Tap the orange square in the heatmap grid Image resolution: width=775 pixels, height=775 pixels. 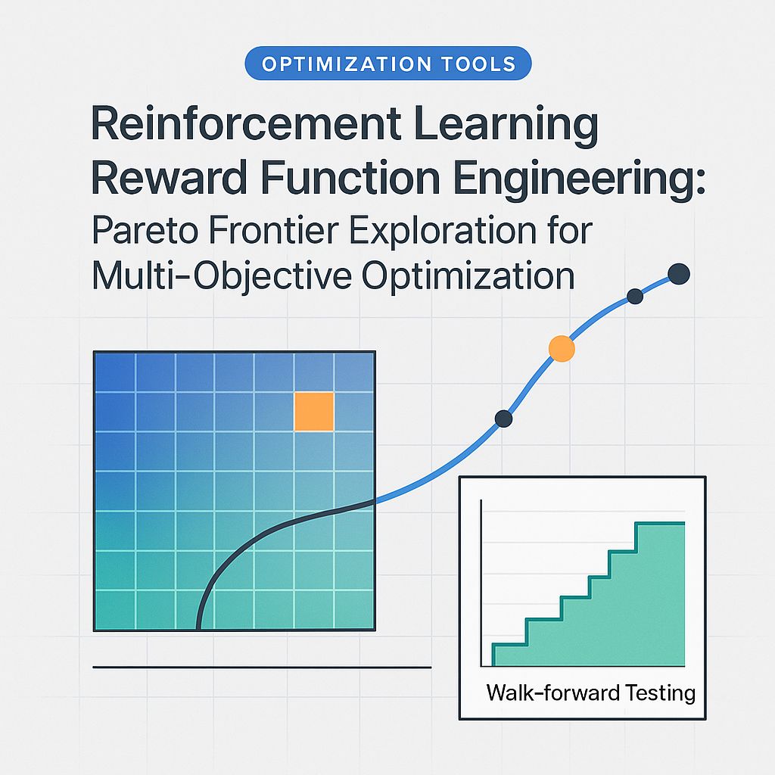(x=314, y=412)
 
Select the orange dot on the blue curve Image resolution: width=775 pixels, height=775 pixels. (x=561, y=348)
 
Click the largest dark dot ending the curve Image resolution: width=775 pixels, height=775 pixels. (x=679, y=274)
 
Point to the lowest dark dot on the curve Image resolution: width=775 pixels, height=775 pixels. (x=503, y=418)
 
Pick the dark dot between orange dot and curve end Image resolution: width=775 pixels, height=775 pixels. (x=635, y=297)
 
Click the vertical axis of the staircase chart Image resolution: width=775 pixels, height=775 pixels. (x=482, y=583)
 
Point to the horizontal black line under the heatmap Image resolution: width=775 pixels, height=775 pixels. (x=261, y=668)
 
